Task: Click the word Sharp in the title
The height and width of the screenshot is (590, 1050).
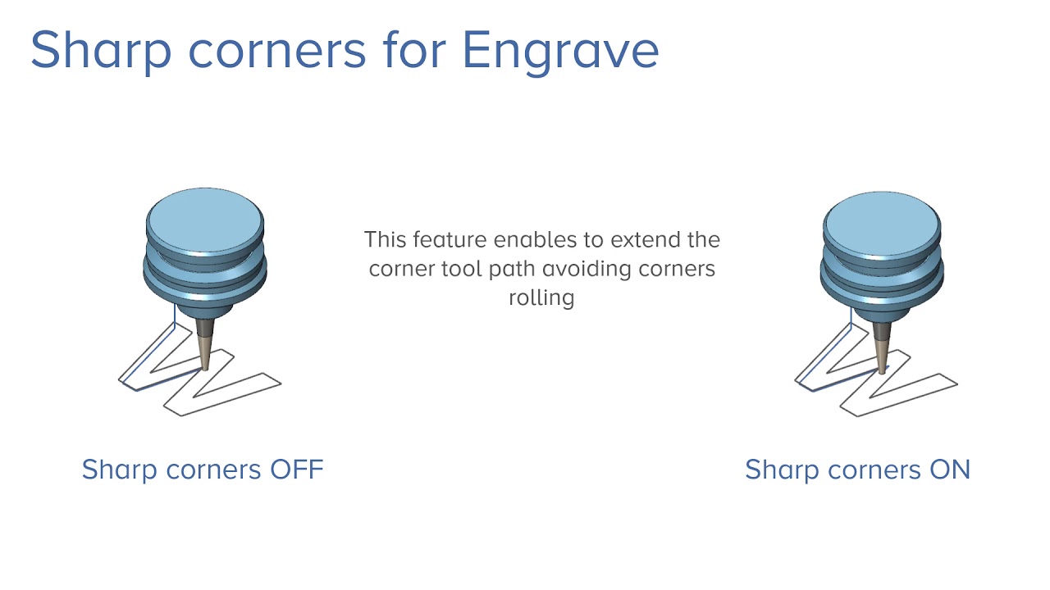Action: (x=102, y=50)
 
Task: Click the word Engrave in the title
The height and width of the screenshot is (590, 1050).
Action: (x=560, y=50)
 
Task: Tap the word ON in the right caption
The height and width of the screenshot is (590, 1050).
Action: (x=950, y=470)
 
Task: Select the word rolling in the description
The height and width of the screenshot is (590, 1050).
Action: (x=541, y=297)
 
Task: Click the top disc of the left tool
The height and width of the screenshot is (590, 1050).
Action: (x=205, y=215)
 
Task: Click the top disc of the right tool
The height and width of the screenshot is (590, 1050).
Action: (x=882, y=217)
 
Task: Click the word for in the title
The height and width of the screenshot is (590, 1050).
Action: (x=414, y=50)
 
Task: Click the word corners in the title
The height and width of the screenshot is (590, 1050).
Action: (x=276, y=50)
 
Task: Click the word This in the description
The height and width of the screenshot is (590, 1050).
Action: (x=386, y=240)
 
